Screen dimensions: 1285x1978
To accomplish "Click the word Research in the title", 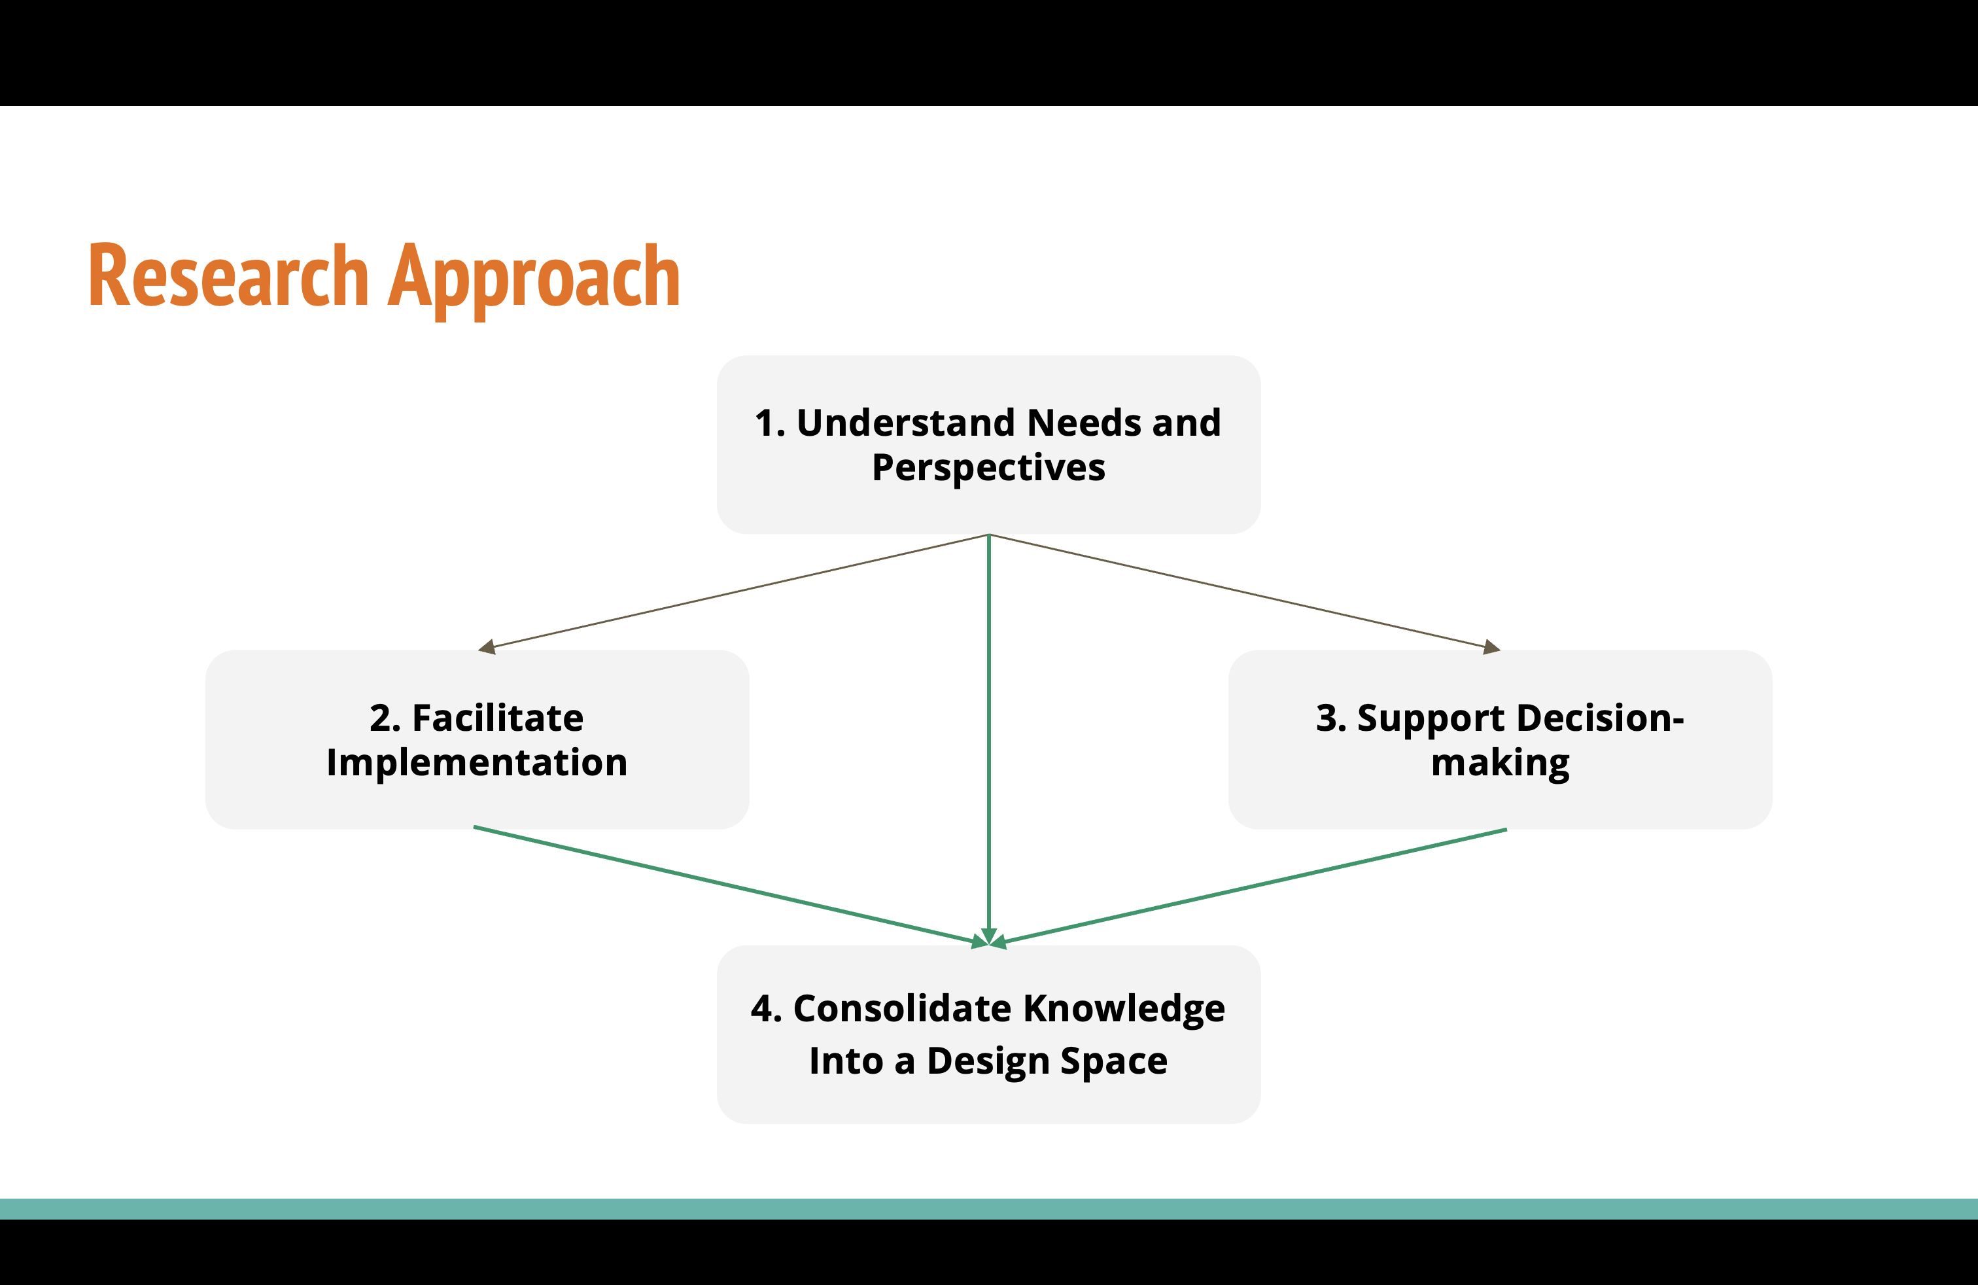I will point(228,276).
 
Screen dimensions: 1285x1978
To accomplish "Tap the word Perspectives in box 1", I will point(988,468).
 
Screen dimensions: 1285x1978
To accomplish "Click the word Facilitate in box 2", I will point(498,718).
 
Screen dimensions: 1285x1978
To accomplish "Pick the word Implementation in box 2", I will point(476,763).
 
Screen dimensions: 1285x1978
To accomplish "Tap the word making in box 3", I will point(1500,764).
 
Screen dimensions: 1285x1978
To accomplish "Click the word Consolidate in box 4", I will point(902,1009).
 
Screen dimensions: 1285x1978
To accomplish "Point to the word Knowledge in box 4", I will point(1124,1009).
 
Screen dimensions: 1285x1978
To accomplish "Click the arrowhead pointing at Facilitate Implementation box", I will point(487,648).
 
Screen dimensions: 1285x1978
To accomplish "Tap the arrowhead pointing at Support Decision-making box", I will point(1492,648).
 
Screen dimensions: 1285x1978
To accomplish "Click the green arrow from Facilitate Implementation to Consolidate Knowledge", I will point(723,885).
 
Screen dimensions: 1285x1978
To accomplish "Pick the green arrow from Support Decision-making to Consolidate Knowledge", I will point(1255,887).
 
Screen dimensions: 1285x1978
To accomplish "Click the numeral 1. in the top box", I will point(770,423).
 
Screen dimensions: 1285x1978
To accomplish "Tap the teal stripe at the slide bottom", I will point(989,1208).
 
